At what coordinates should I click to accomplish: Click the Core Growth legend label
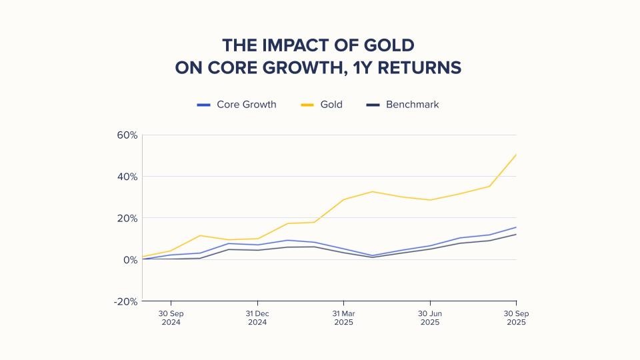click(x=246, y=105)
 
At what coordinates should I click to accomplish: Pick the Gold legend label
click(x=331, y=105)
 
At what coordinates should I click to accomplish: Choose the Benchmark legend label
click(x=412, y=105)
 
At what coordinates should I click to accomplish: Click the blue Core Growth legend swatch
click(x=204, y=105)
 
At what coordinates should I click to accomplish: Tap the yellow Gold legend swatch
click(x=307, y=105)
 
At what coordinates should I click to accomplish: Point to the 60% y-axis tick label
click(x=126, y=135)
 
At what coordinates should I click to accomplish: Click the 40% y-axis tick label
click(x=126, y=177)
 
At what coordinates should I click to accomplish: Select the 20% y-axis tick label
click(x=126, y=218)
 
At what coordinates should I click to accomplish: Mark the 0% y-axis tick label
click(x=129, y=259)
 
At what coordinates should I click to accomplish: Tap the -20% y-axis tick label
click(x=125, y=301)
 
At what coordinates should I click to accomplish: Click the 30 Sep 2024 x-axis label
click(x=171, y=317)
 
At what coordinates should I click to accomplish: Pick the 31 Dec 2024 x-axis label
click(x=257, y=317)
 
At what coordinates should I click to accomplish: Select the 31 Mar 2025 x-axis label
click(x=343, y=317)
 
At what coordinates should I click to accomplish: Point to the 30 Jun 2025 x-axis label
click(x=430, y=317)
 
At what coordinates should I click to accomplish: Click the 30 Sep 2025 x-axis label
click(x=516, y=317)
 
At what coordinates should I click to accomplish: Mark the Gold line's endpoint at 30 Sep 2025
click(x=516, y=155)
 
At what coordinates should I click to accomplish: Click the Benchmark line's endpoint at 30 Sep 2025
click(x=516, y=234)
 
